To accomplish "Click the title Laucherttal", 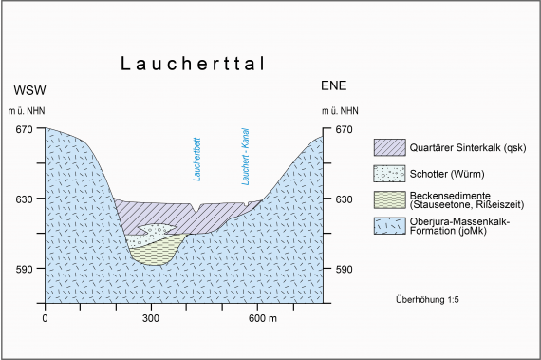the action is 191,65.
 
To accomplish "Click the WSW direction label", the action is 29,90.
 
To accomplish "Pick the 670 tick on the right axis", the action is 343,130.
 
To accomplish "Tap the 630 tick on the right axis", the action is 343,199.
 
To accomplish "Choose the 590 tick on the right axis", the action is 343,269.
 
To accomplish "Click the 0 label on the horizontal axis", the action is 45,318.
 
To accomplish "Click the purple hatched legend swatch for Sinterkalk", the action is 388,147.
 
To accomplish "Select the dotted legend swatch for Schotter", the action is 388,174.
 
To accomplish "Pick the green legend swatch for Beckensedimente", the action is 388,199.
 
